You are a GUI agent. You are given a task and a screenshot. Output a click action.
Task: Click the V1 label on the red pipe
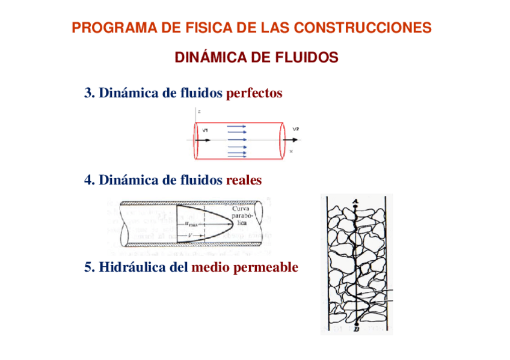[x=205, y=130]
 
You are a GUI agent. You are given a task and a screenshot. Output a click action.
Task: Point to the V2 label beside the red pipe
[x=295, y=129]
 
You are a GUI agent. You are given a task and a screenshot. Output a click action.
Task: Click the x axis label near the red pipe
[x=291, y=151]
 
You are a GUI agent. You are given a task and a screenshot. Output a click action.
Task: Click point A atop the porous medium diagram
[x=356, y=201]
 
